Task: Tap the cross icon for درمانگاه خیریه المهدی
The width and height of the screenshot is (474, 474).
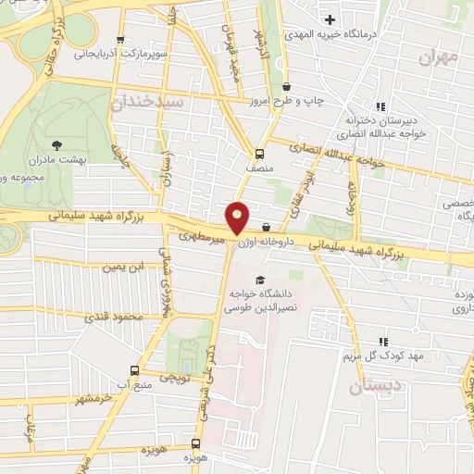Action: click(330, 19)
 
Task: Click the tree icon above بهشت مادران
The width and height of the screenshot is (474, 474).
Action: click(57, 144)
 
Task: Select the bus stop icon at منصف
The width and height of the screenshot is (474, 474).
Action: click(258, 154)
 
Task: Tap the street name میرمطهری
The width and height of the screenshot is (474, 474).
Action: click(203, 238)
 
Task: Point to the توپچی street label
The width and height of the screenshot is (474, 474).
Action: click(176, 378)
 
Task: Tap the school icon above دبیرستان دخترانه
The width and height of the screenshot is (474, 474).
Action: click(380, 106)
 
